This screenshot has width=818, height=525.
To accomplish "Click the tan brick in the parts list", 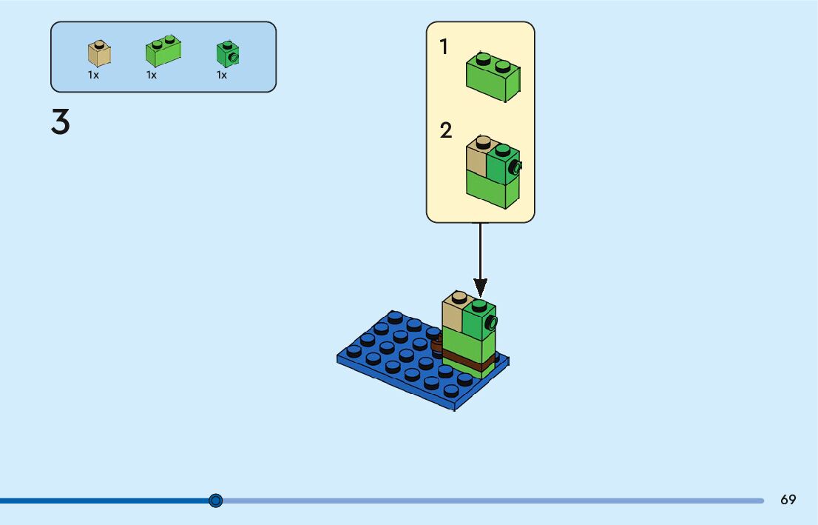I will click(x=99, y=54).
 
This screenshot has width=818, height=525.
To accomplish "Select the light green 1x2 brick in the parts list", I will click(x=163, y=53).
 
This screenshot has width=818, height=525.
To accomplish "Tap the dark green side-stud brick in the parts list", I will click(x=227, y=54).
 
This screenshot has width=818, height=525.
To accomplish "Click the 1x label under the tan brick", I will click(x=93, y=75).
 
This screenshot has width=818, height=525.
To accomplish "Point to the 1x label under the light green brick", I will click(x=152, y=75).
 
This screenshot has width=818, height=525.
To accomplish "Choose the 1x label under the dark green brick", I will click(x=222, y=75).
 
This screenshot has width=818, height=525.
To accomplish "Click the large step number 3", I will click(x=61, y=122).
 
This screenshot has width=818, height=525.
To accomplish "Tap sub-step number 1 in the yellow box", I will click(x=444, y=47).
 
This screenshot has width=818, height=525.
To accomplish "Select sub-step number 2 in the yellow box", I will click(x=445, y=131).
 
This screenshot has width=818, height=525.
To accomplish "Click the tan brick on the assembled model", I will click(x=453, y=314).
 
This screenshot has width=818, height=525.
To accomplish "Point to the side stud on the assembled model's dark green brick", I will click(x=490, y=322).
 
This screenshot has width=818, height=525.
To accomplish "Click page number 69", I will click(x=788, y=500).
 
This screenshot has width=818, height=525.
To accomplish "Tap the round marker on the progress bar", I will click(x=215, y=501).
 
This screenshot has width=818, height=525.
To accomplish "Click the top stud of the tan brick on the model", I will click(x=459, y=297).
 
